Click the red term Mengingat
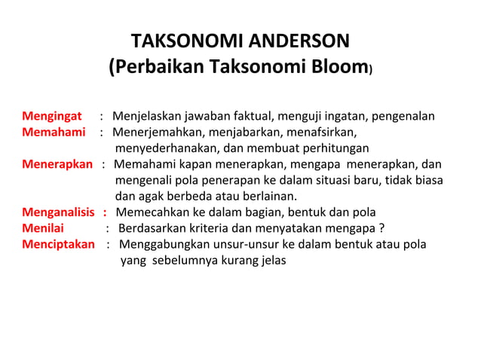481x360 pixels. [51, 117]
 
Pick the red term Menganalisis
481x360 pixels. [59, 212]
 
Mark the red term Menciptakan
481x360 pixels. [58, 244]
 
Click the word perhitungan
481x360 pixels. [332, 148]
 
